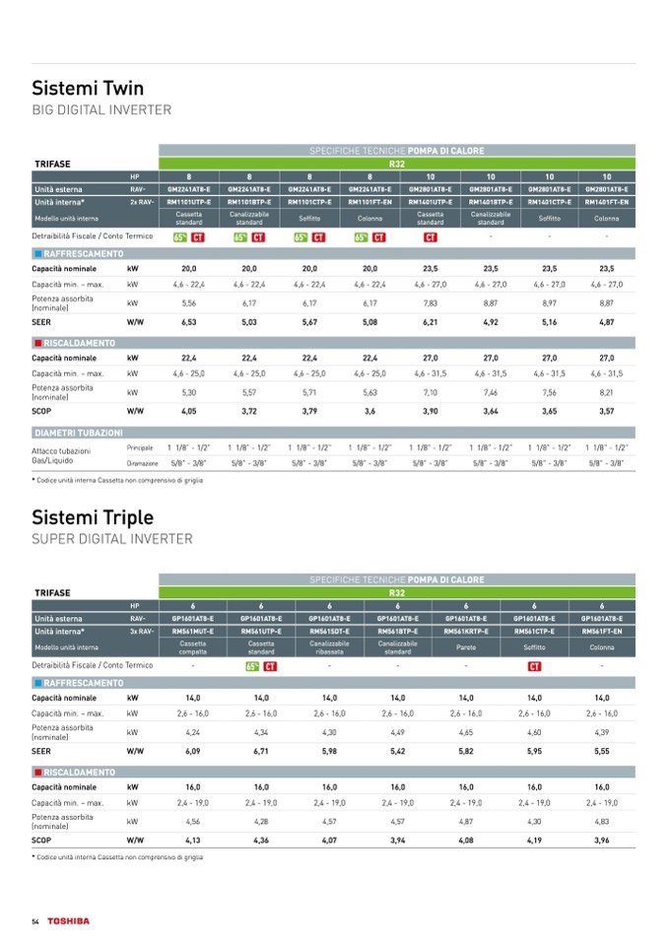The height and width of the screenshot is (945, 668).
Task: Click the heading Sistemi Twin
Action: [88, 88]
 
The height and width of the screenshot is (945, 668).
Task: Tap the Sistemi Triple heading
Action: [93, 516]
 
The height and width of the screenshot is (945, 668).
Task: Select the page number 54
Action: [35, 920]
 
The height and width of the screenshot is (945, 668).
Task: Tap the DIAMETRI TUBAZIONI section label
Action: [79, 433]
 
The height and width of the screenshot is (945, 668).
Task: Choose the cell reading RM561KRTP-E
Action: [466, 630]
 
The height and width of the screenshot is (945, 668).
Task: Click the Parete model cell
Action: [466, 647]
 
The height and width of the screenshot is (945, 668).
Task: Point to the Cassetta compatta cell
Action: [193, 647]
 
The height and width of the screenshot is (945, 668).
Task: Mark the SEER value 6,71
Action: [261, 750]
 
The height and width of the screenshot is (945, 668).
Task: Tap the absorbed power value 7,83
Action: [431, 304]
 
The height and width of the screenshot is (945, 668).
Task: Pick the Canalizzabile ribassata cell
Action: [330, 647]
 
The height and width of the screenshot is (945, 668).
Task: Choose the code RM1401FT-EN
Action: [607, 201]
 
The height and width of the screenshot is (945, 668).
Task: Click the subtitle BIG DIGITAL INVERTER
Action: [101, 110]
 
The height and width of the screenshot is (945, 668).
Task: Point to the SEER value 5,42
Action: [398, 750]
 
